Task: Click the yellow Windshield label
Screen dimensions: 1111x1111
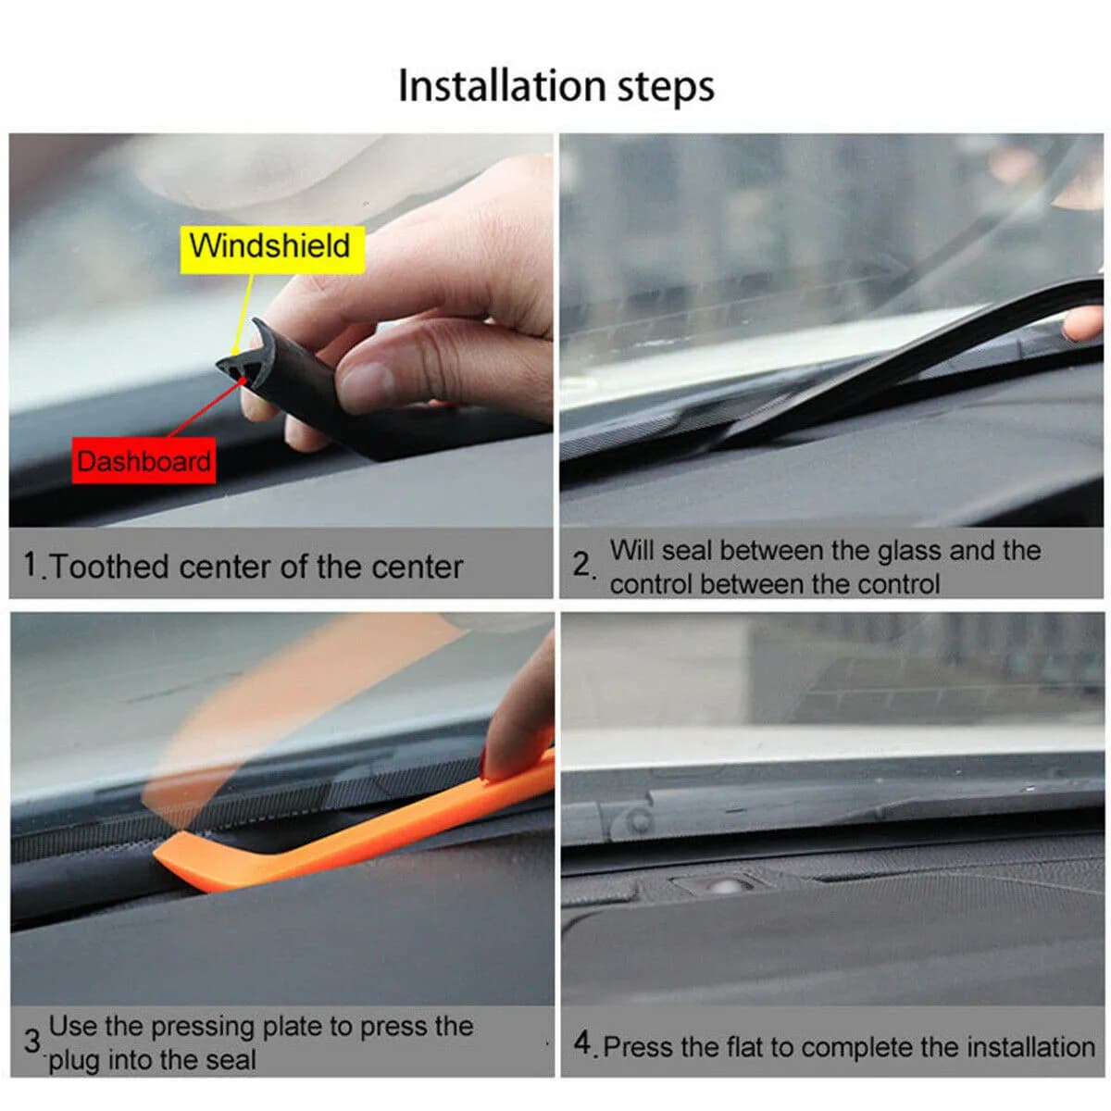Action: [x=272, y=248]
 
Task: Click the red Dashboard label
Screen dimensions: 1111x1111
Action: [x=144, y=460]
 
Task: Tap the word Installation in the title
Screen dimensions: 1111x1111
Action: [x=502, y=86]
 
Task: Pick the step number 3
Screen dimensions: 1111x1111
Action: [x=32, y=1041]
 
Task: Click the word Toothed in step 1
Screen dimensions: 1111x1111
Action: [x=111, y=567]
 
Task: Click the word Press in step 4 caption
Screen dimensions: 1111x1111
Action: [x=638, y=1046]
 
